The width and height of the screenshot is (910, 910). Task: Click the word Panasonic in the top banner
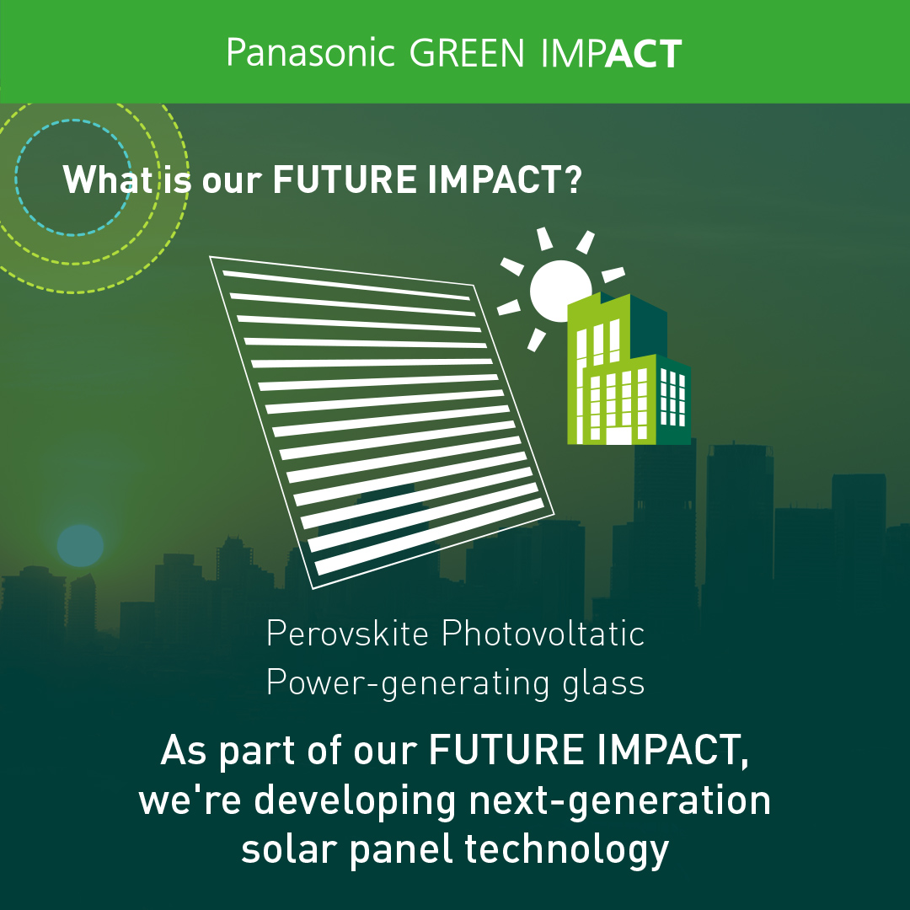310,53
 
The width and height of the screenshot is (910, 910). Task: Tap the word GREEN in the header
467,53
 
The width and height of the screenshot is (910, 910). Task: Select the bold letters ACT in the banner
644,53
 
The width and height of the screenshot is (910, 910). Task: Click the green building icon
629,368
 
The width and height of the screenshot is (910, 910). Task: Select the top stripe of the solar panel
346,285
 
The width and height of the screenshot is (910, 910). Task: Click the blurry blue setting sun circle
80,545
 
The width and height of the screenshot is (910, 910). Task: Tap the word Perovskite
347,633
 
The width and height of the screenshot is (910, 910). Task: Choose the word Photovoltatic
543,633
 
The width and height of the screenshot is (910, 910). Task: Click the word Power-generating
408,683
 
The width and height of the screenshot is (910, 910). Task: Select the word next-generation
620,801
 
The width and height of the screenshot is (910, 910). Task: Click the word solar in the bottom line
289,849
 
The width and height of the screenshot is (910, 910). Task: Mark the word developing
356,801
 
